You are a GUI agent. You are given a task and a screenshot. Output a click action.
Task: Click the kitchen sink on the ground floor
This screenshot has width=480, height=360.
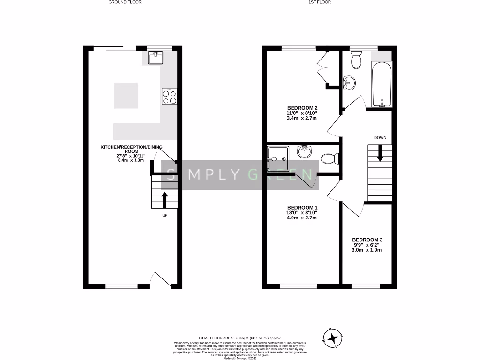[x=155, y=58]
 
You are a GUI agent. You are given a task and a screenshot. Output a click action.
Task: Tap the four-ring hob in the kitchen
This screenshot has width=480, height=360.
[x=169, y=97]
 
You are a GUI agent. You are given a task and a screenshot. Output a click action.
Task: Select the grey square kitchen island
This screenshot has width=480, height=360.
[x=126, y=95]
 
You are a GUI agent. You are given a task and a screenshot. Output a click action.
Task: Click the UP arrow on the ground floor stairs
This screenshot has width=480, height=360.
[x=165, y=199]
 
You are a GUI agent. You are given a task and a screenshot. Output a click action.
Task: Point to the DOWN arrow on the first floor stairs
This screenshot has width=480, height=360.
[x=380, y=153]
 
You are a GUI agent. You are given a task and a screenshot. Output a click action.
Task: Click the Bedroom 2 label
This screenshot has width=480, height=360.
[x=302, y=108]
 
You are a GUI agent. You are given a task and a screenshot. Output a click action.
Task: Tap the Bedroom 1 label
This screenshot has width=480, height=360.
[x=302, y=208]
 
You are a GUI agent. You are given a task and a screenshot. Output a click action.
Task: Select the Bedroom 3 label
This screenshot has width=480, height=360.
[x=367, y=240]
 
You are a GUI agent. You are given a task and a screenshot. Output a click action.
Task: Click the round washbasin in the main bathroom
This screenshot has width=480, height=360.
[x=349, y=83]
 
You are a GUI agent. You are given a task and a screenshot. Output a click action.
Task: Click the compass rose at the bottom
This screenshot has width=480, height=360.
[x=333, y=338]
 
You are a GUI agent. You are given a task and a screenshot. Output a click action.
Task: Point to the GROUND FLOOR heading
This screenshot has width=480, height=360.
[x=125, y=2]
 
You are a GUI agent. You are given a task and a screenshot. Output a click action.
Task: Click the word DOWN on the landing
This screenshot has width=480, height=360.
[x=380, y=137]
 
